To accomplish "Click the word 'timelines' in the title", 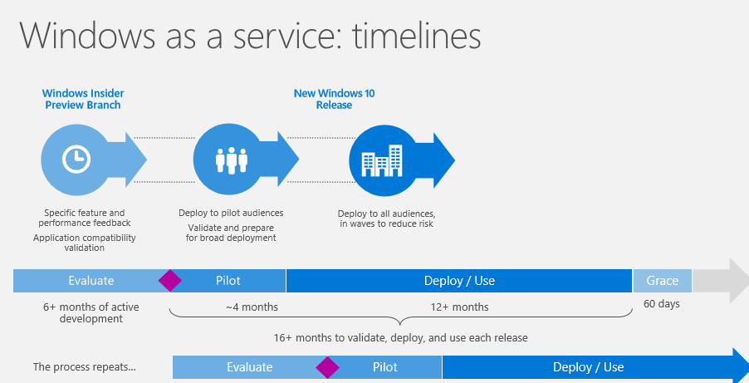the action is click(416, 36).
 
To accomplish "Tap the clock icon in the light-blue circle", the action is click(76, 159).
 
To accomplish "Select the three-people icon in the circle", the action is click(231, 160).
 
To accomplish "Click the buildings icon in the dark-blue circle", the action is click(382, 160).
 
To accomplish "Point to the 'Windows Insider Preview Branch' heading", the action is click(83, 99).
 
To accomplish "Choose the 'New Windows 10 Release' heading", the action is click(334, 99).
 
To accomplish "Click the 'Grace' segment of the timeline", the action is click(662, 281).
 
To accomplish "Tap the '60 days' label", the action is click(662, 303).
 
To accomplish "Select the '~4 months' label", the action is click(252, 307).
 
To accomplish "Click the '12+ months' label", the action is click(459, 307).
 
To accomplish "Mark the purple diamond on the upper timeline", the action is click(169, 280).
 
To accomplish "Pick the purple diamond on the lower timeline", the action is click(327, 367).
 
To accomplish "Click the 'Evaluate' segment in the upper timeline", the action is click(91, 281).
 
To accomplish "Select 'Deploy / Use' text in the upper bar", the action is click(459, 281).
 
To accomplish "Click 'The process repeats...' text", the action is click(84, 367).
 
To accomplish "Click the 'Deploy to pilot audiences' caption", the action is click(231, 213).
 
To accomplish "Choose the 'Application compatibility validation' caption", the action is click(85, 243).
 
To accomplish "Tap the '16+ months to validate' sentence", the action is click(401, 337).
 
